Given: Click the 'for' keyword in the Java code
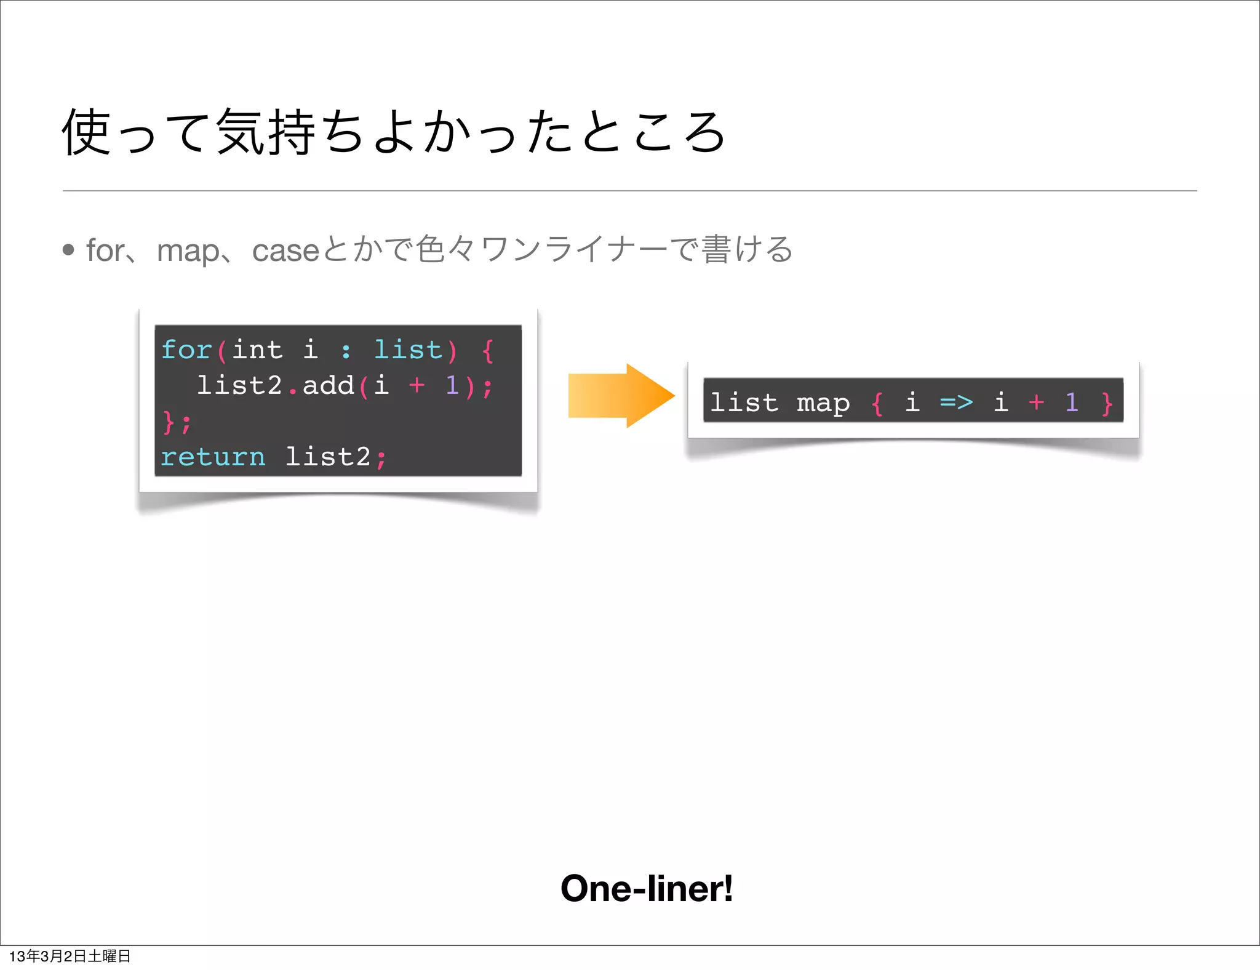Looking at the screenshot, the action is [186, 350].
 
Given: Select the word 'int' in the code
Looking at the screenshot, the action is [257, 350].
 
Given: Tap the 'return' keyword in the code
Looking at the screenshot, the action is [213, 457].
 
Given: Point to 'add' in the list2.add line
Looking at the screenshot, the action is [328, 385].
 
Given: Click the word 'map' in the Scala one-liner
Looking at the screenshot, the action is [823, 403].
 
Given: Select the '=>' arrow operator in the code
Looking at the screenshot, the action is [956, 403].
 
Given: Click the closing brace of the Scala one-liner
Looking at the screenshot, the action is [1107, 403].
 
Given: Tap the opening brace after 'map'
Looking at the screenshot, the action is [877, 403].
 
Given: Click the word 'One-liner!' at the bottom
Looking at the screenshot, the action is [647, 888].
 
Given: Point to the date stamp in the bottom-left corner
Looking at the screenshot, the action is [70, 956].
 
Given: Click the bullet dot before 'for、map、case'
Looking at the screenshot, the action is [68, 249].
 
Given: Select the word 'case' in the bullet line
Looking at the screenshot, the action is [285, 251].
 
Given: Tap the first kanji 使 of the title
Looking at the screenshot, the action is [87, 132].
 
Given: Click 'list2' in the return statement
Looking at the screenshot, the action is [328, 457].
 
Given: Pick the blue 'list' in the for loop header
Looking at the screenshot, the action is [408, 350].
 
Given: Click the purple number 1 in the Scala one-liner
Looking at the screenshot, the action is [1072, 403].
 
